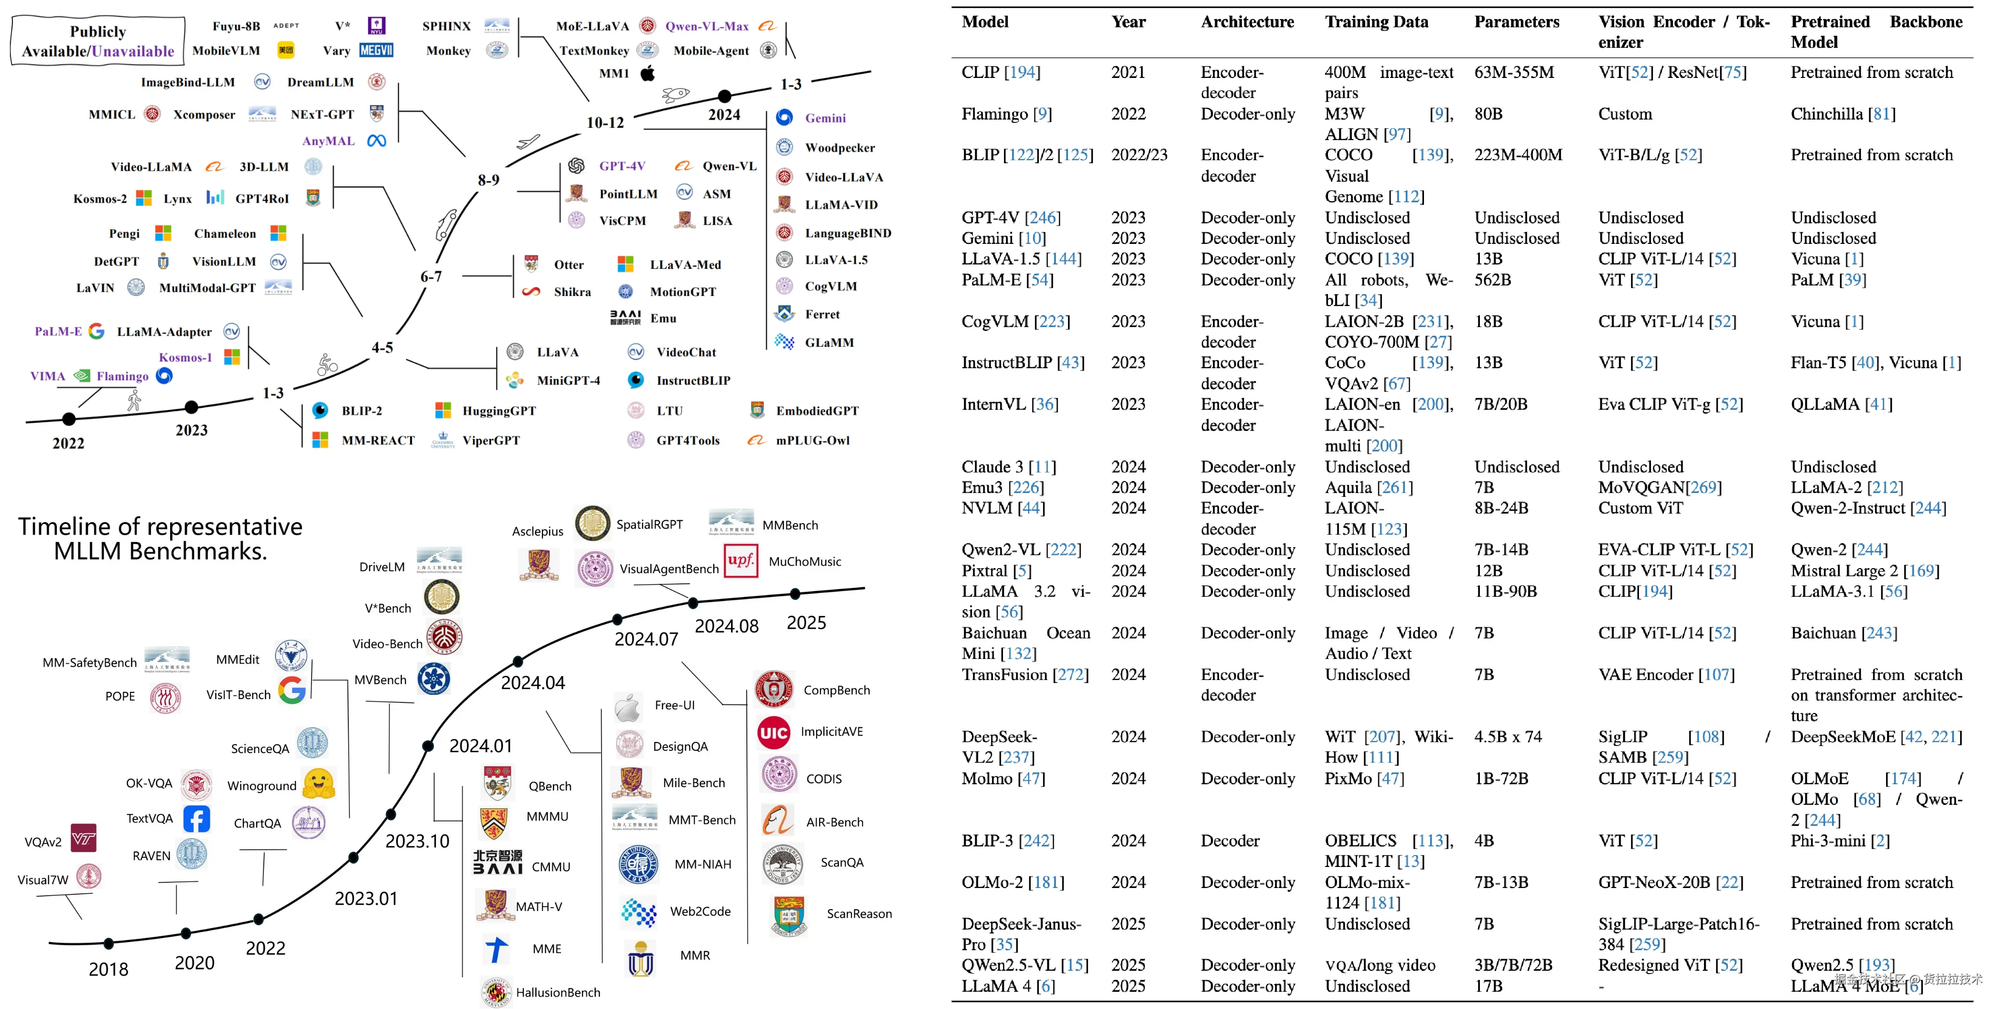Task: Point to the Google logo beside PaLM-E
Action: click(x=97, y=331)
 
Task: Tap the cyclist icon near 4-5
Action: click(x=328, y=364)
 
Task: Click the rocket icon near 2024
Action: click(x=675, y=95)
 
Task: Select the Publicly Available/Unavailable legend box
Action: click(x=98, y=41)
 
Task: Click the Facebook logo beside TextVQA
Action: click(x=196, y=819)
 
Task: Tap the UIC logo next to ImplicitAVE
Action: click(x=773, y=733)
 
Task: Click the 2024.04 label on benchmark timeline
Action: click(x=533, y=682)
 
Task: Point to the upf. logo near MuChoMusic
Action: click(x=741, y=560)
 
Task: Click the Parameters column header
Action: click(x=1516, y=22)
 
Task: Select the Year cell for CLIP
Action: click(x=1128, y=73)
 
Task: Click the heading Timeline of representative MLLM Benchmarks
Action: click(x=161, y=538)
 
